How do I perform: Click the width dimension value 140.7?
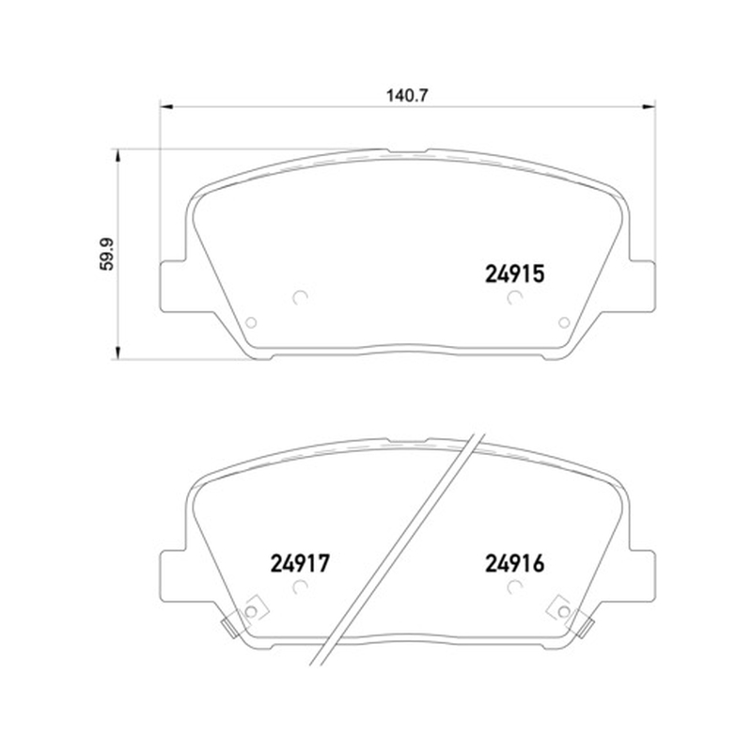(x=407, y=96)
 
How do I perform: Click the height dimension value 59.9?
(x=107, y=254)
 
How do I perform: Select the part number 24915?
(x=514, y=274)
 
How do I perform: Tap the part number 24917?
(x=300, y=563)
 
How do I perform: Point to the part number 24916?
(x=514, y=563)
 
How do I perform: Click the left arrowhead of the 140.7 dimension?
(x=166, y=106)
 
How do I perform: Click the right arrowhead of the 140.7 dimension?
(x=649, y=106)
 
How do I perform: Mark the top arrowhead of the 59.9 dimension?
(x=117, y=155)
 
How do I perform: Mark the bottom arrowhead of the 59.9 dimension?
(x=117, y=352)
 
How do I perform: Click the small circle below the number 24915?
(x=514, y=297)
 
